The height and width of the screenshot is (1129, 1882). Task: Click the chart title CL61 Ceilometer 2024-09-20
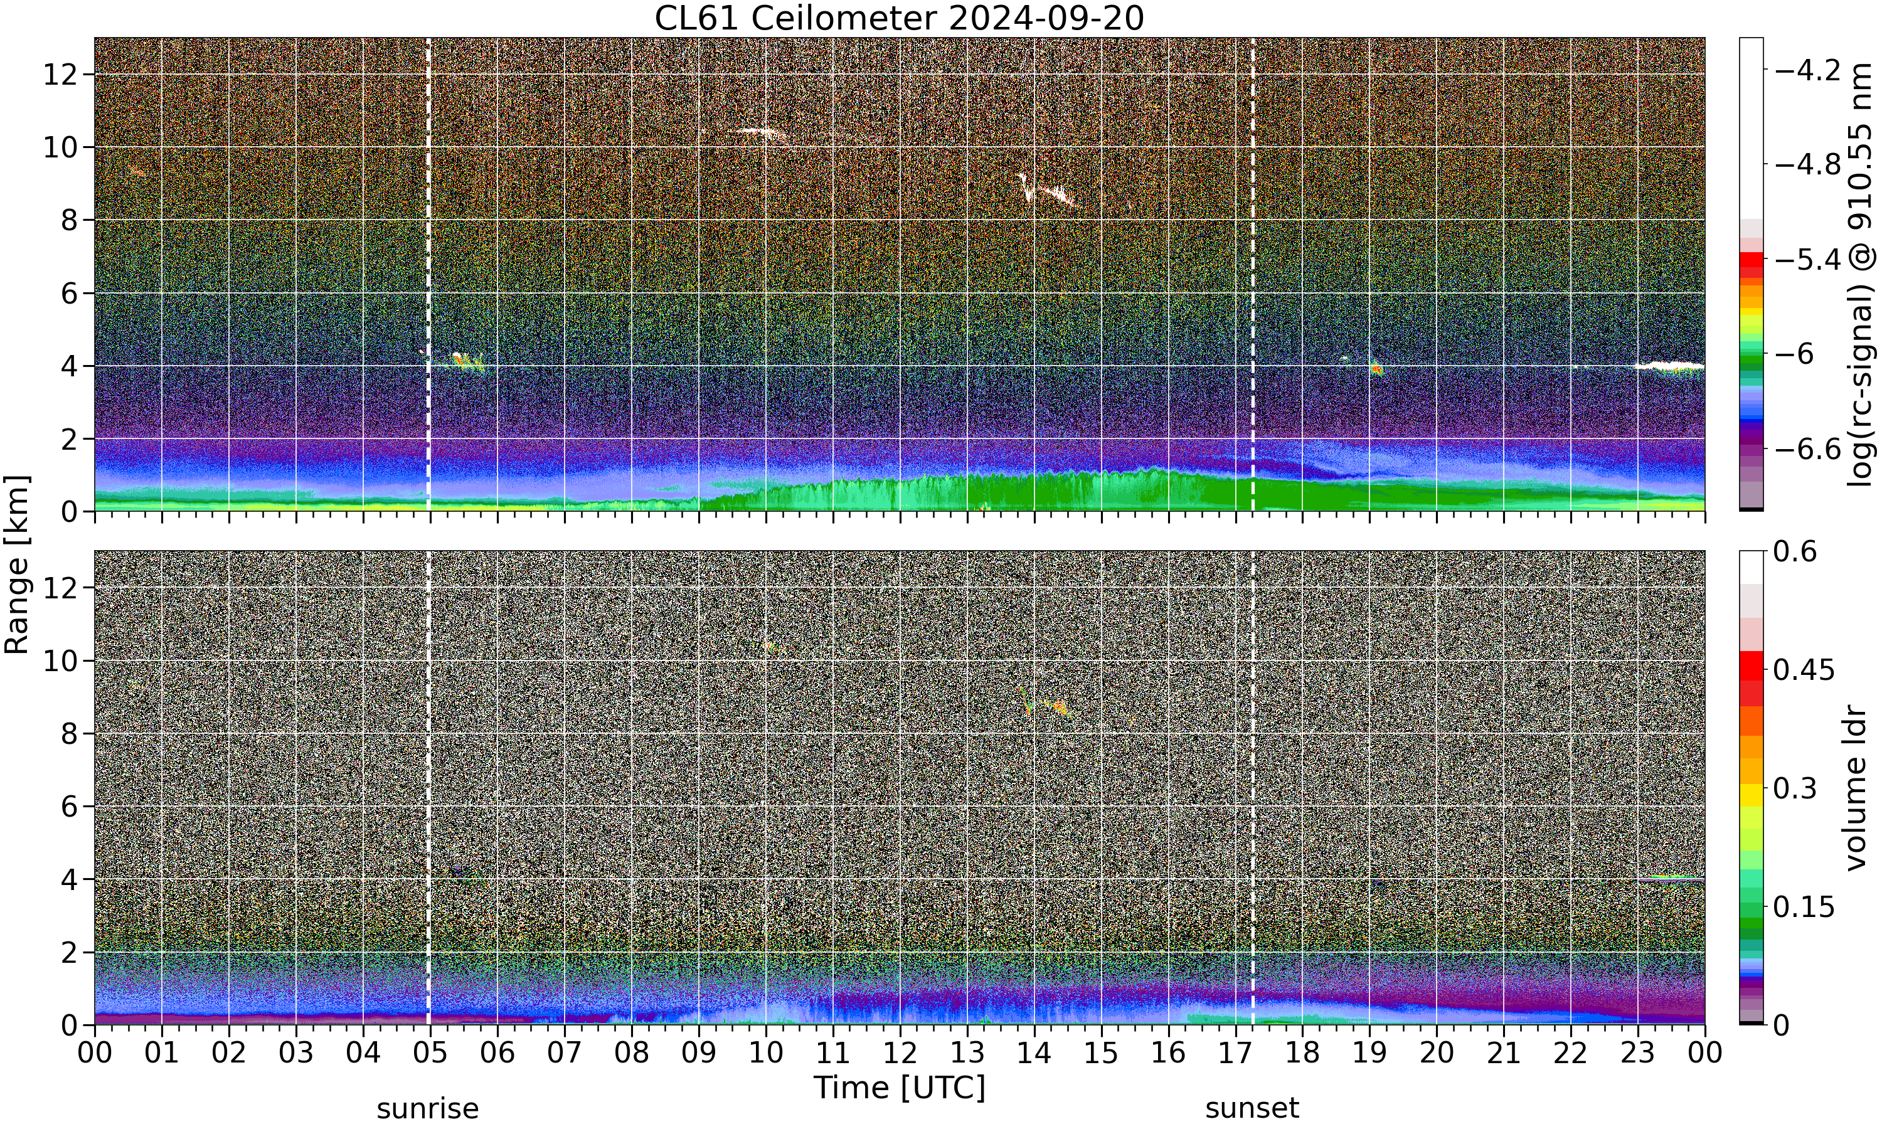pos(899,18)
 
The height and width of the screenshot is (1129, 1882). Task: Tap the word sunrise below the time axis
pos(427,1108)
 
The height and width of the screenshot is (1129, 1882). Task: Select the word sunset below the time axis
pos(1252,1108)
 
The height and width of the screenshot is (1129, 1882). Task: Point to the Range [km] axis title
pos(17,564)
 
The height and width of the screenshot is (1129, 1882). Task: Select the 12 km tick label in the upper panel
pos(60,75)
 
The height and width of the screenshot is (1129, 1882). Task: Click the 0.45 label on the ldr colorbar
pos(1804,669)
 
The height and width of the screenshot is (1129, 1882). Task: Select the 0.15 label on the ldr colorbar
pos(1804,906)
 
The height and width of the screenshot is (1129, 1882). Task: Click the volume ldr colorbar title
pos(1857,788)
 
